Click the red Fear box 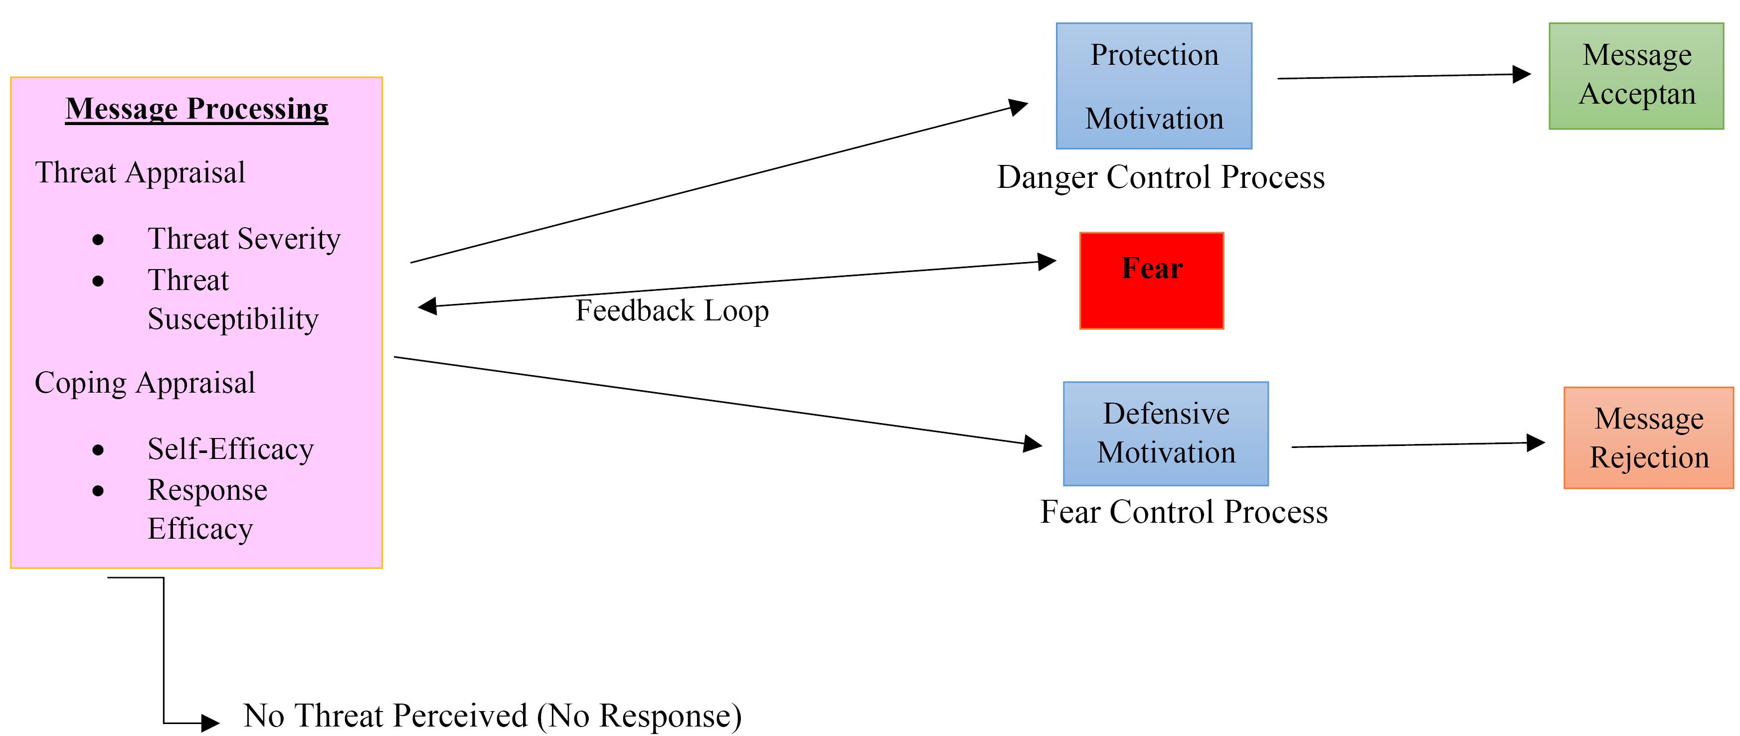1152,281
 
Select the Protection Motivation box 1154,86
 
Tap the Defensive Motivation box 1166,434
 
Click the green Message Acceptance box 1636,76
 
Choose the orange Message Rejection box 1649,438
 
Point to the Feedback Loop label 672,310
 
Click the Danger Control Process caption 1161,177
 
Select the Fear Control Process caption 1184,512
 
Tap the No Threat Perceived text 493,716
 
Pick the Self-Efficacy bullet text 231,449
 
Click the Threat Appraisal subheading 140,173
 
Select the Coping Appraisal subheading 145,383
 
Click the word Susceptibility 233,319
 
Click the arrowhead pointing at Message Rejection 1535,443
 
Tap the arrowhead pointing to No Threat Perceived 210,723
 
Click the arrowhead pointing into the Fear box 1047,261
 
